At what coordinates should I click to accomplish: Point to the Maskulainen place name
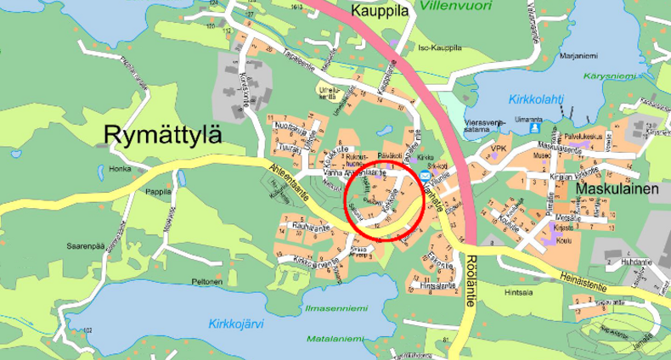pyautogui.click(x=617, y=188)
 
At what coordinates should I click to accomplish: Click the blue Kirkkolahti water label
pyautogui.click(x=536, y=98)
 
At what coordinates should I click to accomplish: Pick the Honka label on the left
pyautogui.click(x=119, y=169)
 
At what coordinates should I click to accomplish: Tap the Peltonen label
pyautogui.click(x=206, y=282)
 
